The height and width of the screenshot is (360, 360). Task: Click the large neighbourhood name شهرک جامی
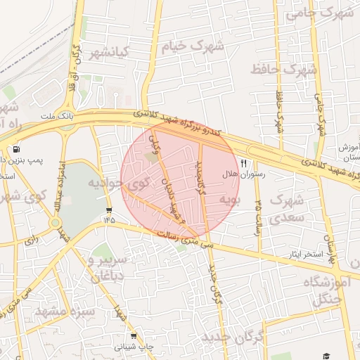pos(324,12)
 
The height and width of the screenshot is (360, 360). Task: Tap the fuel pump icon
pos(16,149)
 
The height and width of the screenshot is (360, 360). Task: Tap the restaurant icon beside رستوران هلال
pos(244,163)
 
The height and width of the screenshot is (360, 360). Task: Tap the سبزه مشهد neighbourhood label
pos(57,311)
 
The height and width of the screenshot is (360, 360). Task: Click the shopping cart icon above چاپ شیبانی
pos(134,337)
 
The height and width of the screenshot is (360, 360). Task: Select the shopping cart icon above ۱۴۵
pos(108,210)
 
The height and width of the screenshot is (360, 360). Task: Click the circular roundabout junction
pos(55,224)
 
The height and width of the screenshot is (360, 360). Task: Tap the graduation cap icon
pos(326,356)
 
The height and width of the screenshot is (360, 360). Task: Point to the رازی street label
pos(32,239)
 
